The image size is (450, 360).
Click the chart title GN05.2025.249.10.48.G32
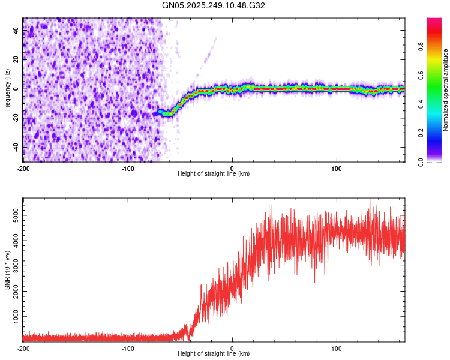coord(225,5)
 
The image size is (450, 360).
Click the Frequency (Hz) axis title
coord(7,90)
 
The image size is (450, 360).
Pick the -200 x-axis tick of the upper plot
coord(23,168)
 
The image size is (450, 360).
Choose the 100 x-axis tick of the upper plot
coord(337,168)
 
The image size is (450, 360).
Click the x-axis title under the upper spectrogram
coord(214,174)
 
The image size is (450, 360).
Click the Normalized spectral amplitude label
coord(445,90)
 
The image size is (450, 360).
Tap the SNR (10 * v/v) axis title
coord(7,270)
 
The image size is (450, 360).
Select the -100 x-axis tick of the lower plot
coord(128,349)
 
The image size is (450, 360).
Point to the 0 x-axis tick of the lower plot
coord(232,349)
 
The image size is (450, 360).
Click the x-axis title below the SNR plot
coord(214,354)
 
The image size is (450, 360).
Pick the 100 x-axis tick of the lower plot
coord(337,349)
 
